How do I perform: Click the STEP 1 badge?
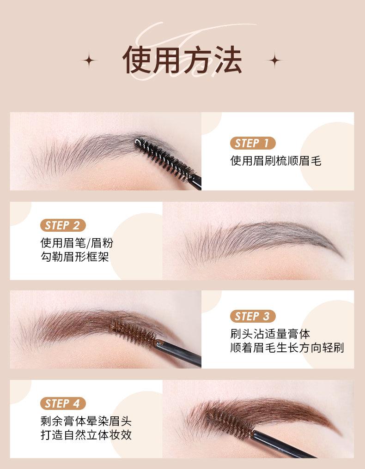pyautogui.click(x=252, y=143)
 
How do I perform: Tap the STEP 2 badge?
pyautogui.click(x=63, y=226)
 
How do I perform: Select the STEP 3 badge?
pyautogui.click(x=252, y=316)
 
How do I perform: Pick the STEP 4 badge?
pyautogui.click(x=63, y=403)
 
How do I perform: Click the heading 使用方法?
pyautogui.click(x=182, y=60)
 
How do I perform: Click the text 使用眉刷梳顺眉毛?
pyautogui.click(x=275, y=161)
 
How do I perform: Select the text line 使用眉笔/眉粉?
pyautogui.click(x=77, y=243)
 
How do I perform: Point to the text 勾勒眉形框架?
pyautogui.click(x=75, y=257)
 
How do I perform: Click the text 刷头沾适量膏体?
pyautogui.click(x=270, y=333)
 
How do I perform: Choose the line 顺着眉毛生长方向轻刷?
pyautogui.click(x=287, y=348)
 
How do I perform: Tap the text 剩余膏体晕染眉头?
pyautogui.click(x=86, y=421)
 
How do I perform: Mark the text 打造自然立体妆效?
pyautogui.click(x=86, y=435)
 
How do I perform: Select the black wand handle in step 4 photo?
pyautogui.click(x=282, y=445)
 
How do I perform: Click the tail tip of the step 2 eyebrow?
pyautogui.click(x=342, y=256)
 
